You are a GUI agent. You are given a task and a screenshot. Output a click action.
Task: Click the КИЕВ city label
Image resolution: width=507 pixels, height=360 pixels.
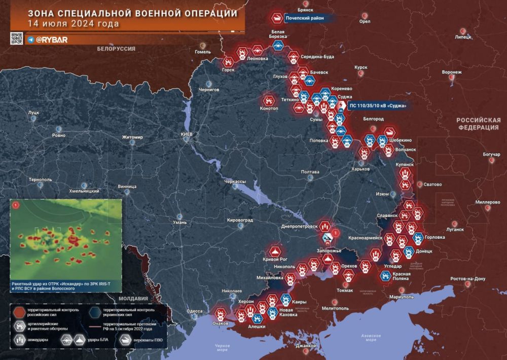tap(187, 133)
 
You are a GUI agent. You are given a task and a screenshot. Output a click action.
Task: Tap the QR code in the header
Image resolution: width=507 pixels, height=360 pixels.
tap(17, 39)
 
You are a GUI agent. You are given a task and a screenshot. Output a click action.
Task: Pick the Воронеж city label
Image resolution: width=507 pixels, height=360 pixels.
tap(452, 73)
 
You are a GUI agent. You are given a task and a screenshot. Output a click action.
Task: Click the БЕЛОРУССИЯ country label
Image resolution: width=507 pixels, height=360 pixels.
tap(116, 48)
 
